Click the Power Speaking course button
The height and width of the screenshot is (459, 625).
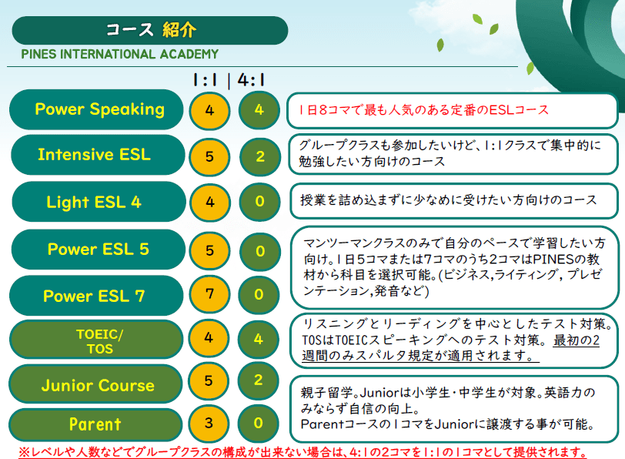coord(96,109)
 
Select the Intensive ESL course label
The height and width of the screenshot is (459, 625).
coord(98,155)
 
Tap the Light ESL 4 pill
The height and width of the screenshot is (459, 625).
coord(99,202)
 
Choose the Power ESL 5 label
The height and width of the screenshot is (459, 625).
coord(99,250)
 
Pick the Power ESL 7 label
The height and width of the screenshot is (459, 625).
coord(96,296)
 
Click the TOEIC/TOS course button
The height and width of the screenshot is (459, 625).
coord(95,340)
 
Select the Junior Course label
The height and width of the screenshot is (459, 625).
coord(95,384)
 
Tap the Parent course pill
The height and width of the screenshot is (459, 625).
coord(95,424)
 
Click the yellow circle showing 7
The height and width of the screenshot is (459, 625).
coord(209,295)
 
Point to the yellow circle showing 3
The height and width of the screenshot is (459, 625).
coord(209,423)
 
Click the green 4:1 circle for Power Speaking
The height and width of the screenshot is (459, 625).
coord(259,110)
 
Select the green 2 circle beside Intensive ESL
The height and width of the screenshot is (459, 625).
coord(260,156)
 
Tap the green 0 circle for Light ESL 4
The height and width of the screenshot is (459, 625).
coord(260,202)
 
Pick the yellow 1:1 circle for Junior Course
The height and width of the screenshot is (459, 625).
coord(209,381)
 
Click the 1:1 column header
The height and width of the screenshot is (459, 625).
coord(206,80)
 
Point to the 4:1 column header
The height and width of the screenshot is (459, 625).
coord(252,80)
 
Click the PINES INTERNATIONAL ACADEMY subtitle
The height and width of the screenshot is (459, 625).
coord(119,54)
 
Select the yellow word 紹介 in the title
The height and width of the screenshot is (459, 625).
coord(179,30)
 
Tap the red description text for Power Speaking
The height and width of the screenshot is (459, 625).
coord(423,109)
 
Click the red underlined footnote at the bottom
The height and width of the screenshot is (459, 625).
coord(303,452)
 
